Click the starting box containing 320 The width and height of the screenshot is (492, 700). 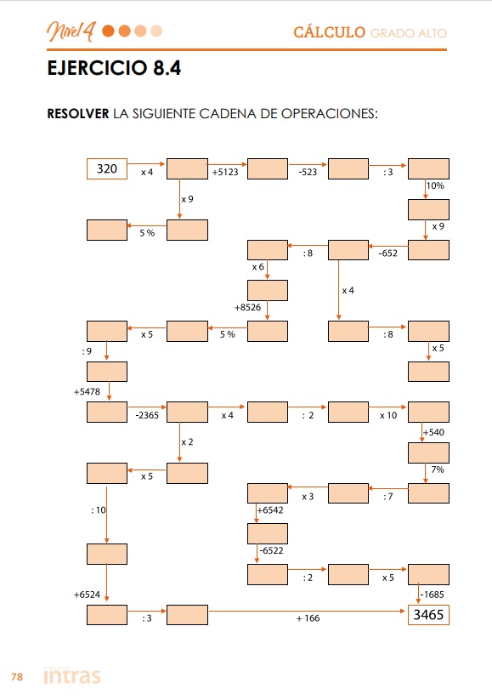pos(107,168)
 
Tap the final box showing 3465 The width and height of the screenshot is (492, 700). pos(428,615)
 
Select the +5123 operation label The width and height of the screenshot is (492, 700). pos(225,173)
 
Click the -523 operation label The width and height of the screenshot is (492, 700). pos(308,173)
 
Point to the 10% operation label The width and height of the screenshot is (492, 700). pos(435,185)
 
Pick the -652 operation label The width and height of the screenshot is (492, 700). pos(387,253)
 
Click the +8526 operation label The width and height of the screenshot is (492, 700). pos(247,307)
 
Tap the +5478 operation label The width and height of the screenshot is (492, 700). pos(87,391)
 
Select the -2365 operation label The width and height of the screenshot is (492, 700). pos(147,415)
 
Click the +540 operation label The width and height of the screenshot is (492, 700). pos(433,432)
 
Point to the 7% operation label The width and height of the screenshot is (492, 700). pos(438,470)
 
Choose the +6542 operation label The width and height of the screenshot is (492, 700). pos(270,509)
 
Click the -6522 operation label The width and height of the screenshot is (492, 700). pos(272,550)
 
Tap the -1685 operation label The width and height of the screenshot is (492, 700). pos(433,595)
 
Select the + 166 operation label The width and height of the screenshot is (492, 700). pos(308,618)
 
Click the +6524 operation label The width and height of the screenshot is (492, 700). pos(87,595)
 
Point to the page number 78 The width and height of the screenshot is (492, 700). pos(17,677)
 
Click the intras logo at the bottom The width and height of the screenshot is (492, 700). pos(72,675)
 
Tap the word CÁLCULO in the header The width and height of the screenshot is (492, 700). pos(329,32)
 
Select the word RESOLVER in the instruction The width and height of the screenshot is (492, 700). pos(78,114)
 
